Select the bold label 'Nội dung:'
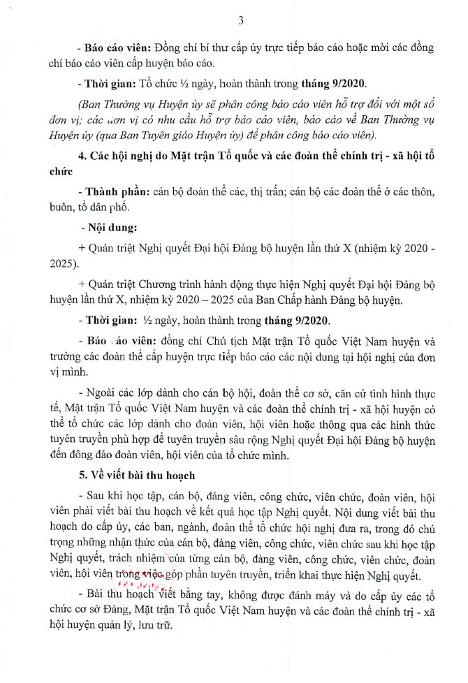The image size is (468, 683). [x=103, y=228]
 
